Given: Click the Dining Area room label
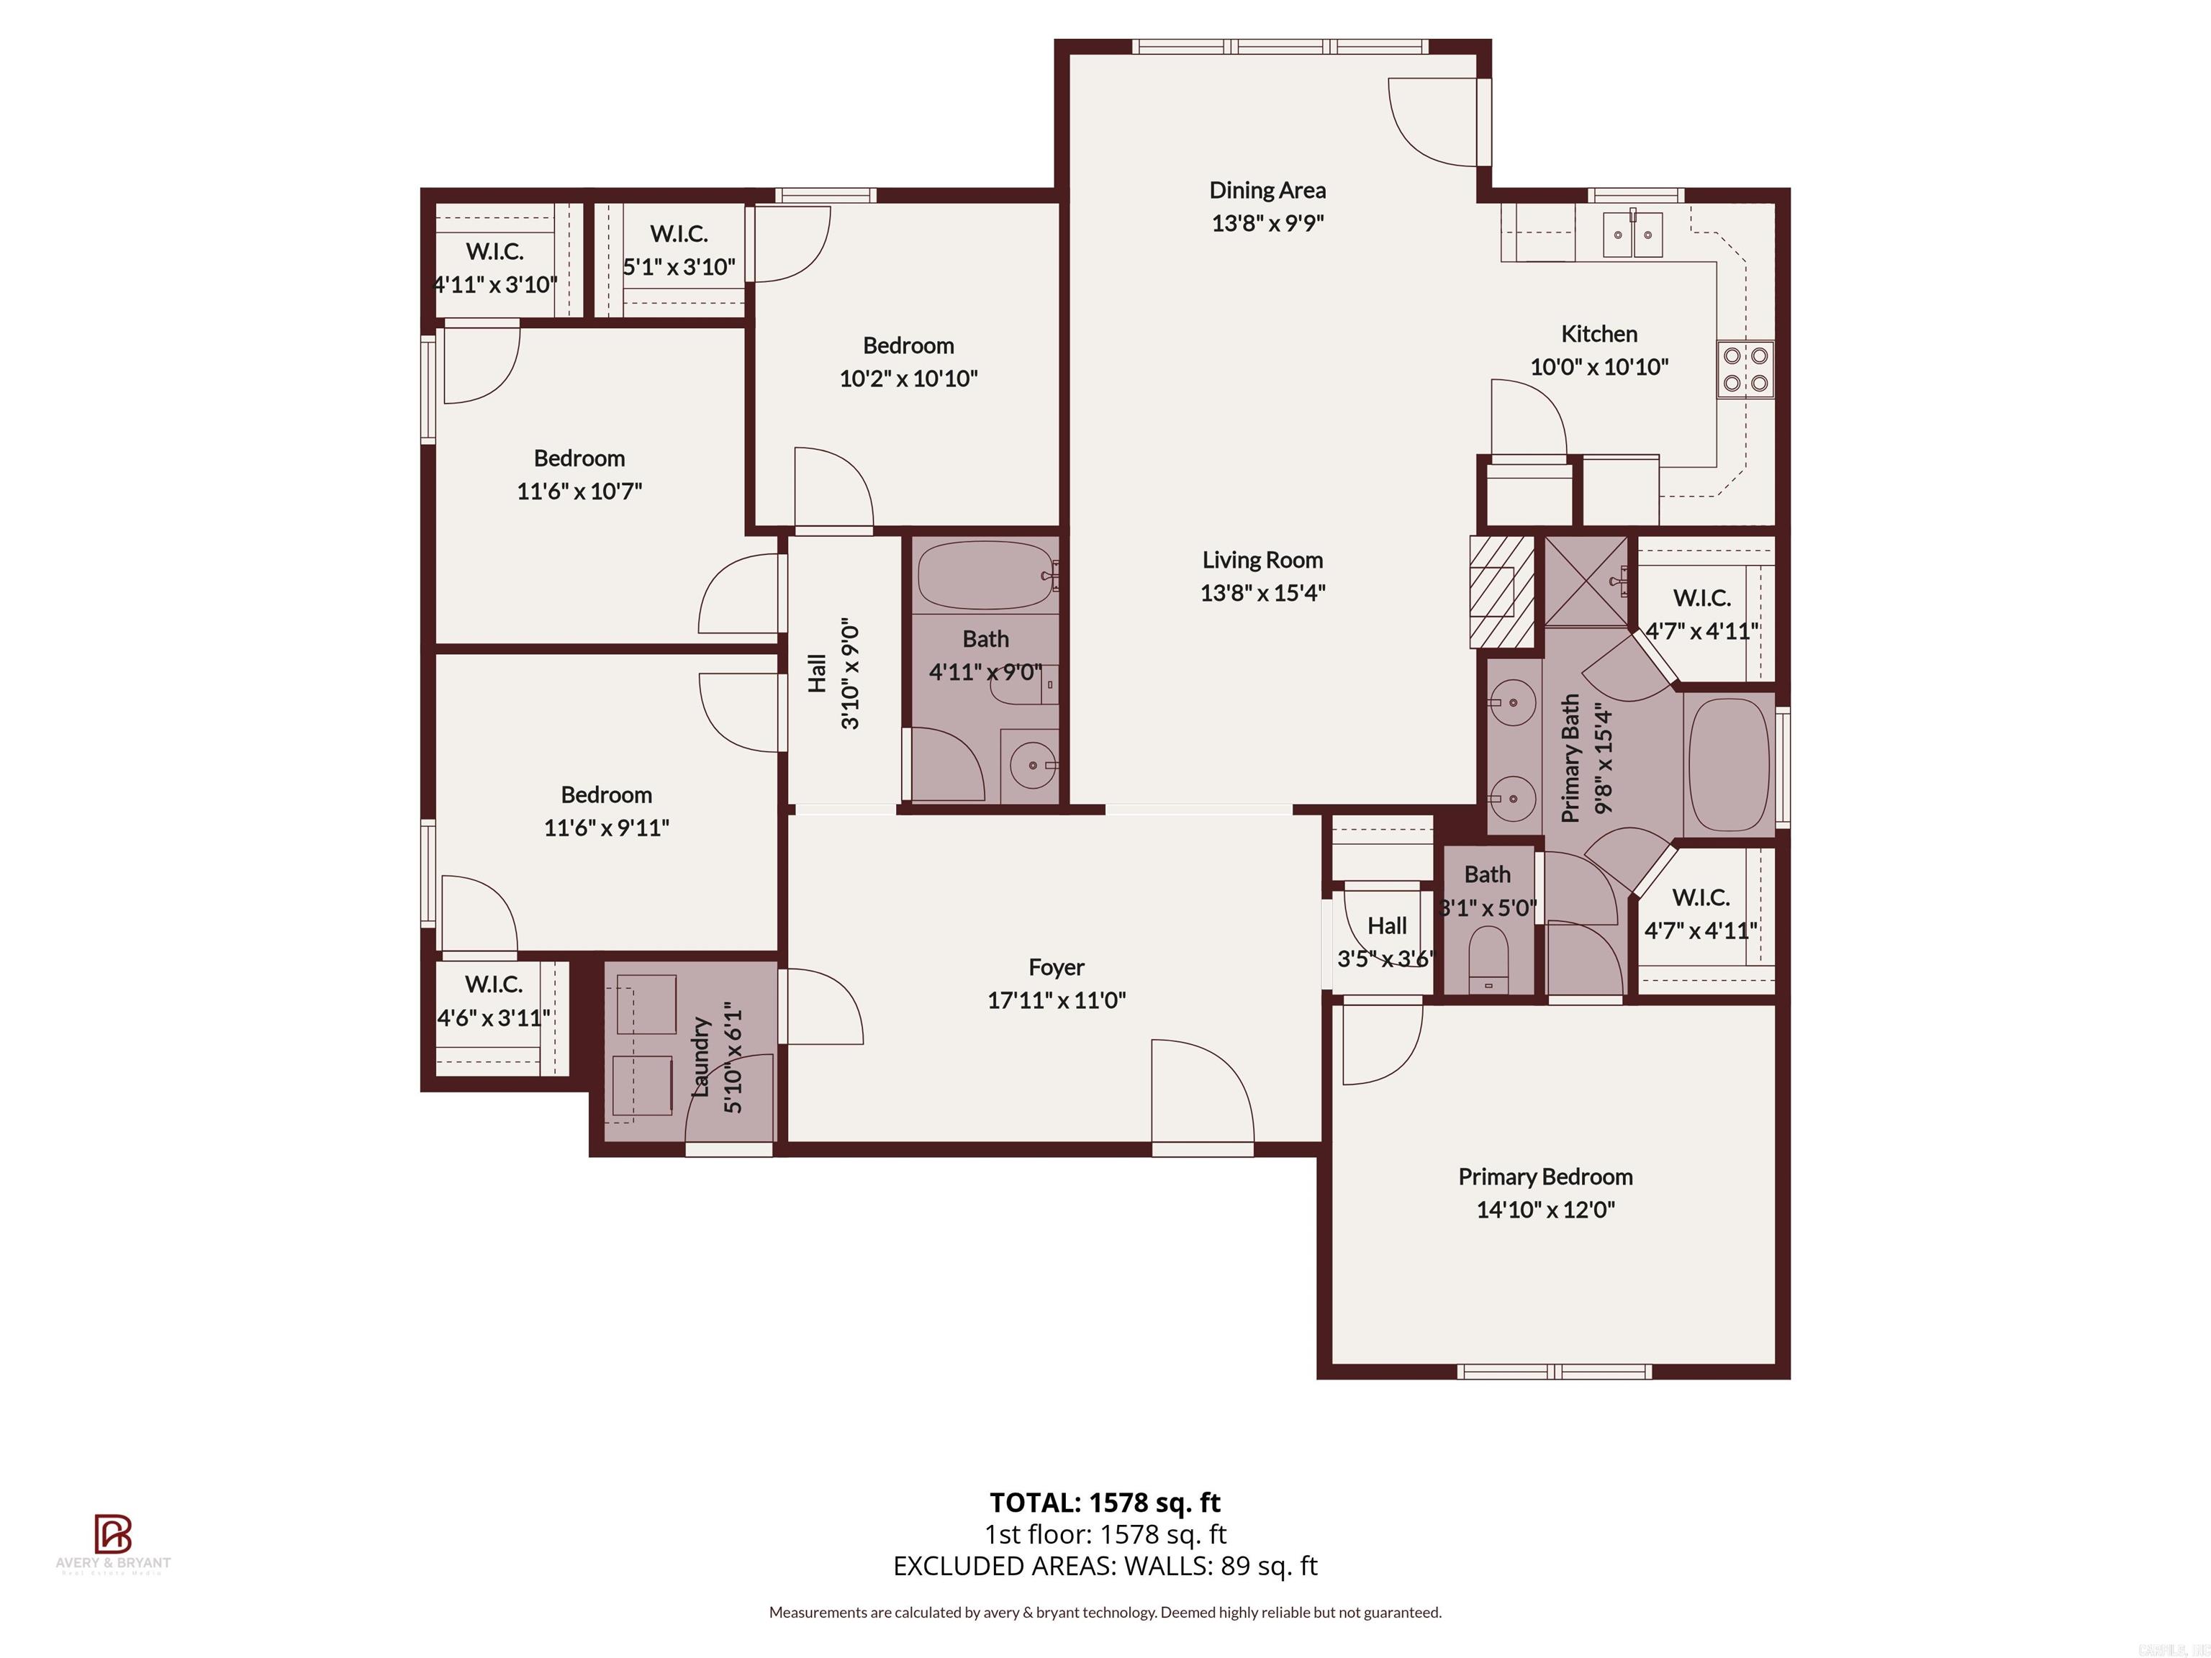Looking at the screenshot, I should [x=1267, y=190].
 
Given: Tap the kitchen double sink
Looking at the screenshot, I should [x=1632, y=235].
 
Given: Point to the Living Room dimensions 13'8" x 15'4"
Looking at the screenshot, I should [x=1262, y=593].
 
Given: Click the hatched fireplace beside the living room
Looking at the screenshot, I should [x=1501, y=592].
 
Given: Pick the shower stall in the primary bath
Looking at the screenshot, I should [x=1586, y=581].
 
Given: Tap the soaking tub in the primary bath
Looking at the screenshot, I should [x=1728, y=764].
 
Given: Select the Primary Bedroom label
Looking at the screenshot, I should [x=1545, y=1177].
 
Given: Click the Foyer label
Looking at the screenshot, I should [x=1056, y=966].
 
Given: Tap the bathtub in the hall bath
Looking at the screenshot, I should [x=985, y=576].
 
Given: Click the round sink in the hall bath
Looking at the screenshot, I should [x=1029, y=766].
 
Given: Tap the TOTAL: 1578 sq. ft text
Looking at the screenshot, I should [x=1105, y=1502].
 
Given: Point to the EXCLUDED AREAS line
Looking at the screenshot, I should [x=1105, y=1565].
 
